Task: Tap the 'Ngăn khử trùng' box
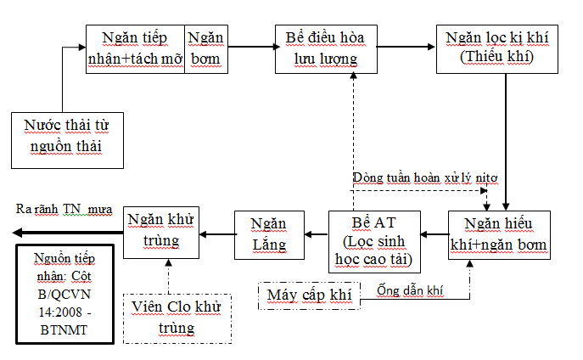(x=161, y=229)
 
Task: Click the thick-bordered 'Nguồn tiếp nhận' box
(x=65, y=294)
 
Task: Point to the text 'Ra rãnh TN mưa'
(x=64, y=208)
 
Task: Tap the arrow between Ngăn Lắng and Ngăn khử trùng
(x=217, y=234)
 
